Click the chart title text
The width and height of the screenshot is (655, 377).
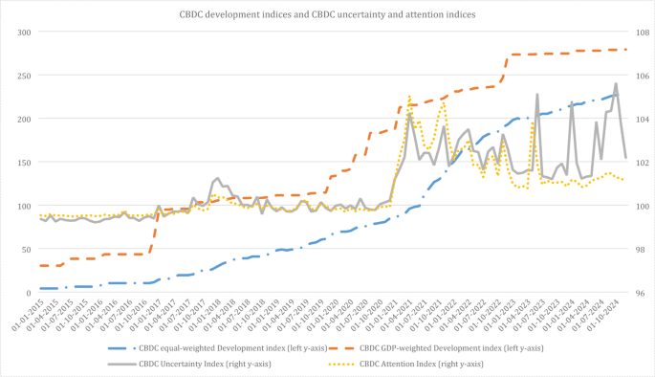(x=327, y=14)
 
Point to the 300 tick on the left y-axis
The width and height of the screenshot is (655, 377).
(x=22, y=33)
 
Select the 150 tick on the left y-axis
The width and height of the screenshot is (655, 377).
(x=22, y=163)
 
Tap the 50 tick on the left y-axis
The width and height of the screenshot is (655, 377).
(x=25, y=249)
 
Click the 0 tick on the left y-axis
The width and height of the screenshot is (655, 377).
(x=28, y=292)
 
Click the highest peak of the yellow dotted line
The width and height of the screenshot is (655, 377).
(x=409, y=96)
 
